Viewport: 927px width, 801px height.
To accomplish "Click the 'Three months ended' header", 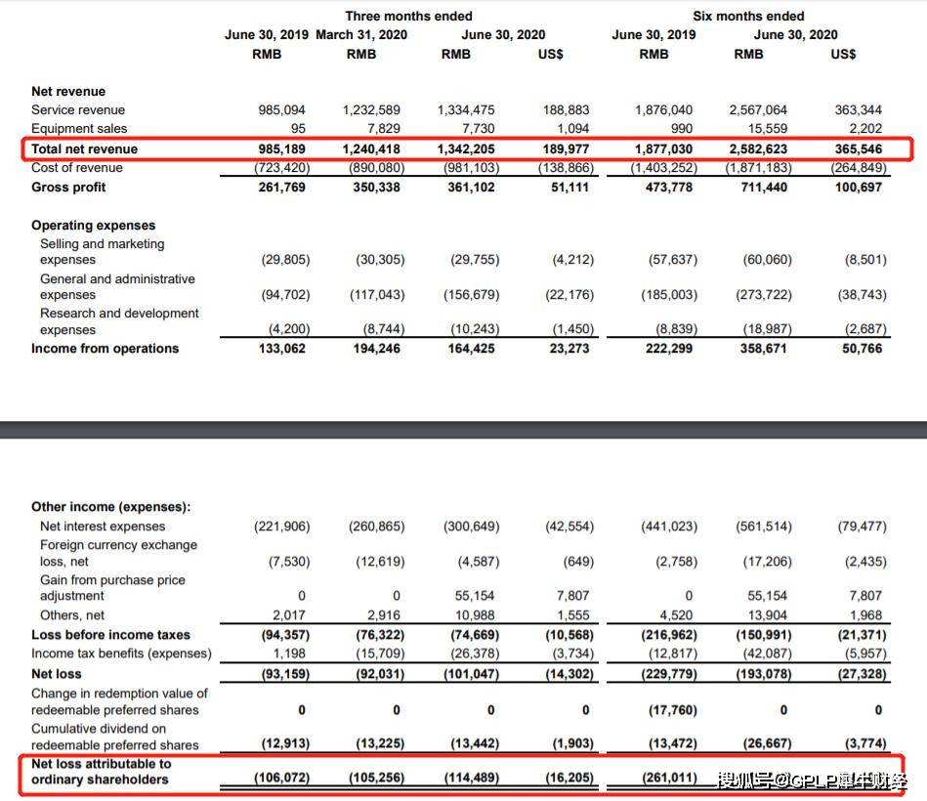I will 408,16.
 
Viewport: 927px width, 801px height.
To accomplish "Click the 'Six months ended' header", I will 748,16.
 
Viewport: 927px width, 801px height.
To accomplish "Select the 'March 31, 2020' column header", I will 361,34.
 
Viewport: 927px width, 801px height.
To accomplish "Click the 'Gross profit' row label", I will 68,187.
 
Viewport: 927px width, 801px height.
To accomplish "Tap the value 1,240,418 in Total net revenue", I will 371,148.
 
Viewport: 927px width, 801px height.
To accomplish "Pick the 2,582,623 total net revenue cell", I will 758,148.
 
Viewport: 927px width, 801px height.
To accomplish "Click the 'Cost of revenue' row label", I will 77,167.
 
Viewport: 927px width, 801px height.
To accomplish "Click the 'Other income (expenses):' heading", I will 110,507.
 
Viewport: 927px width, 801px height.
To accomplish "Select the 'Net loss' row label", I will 57,673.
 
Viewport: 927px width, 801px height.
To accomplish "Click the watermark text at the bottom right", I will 813,780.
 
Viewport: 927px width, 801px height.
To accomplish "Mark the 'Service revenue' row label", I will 78,109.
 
